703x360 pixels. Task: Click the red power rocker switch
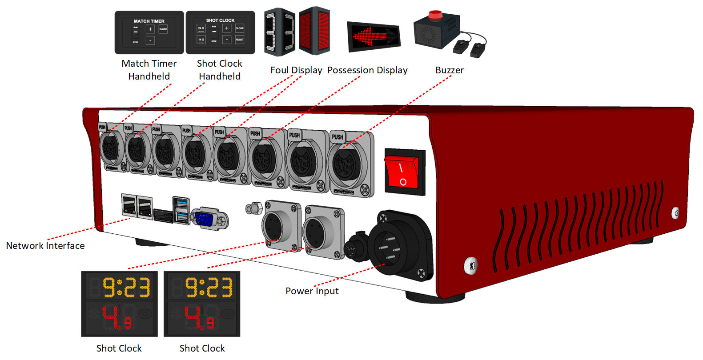coord(403,172)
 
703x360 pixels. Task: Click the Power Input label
coord(312,291)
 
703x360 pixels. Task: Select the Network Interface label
coord(45,246)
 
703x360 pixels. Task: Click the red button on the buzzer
coord(435,15)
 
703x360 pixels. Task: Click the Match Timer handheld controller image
coord(149,32)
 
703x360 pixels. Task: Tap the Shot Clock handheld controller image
coord(220,32)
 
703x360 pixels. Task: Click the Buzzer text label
coord(449,70)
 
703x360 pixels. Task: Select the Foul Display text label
coord(296,70)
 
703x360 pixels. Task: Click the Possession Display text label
coord(367,70)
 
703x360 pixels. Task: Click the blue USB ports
coord(181,210)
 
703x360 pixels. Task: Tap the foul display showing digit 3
coord(280,32)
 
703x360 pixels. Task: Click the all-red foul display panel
coord(314,31)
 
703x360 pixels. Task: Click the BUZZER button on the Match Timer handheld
coord(163,29)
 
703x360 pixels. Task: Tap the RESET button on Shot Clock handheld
coord(240,40)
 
